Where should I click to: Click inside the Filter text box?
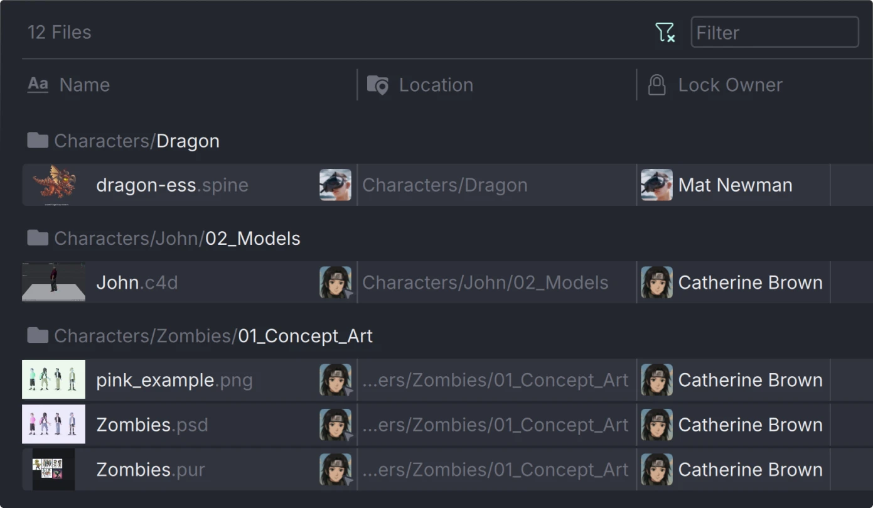774,32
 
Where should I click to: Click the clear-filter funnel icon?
665,32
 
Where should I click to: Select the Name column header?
84,85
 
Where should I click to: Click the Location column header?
436,85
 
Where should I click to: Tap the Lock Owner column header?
730,85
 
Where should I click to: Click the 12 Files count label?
59,32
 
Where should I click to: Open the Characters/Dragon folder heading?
136,141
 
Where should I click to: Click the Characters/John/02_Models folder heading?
176,239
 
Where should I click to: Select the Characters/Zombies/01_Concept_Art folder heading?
213,336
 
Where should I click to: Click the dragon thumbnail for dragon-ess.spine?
54,184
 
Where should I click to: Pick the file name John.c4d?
137,283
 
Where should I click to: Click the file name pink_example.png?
174,380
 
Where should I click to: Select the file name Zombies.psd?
152,424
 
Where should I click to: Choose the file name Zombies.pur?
151,470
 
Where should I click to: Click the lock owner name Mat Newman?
735,185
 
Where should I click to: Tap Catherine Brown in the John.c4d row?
750,283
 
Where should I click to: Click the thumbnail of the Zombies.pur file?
53,469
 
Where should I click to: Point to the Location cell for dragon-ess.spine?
444,185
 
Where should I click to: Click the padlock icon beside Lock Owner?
656,85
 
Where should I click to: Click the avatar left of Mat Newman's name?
656,185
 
